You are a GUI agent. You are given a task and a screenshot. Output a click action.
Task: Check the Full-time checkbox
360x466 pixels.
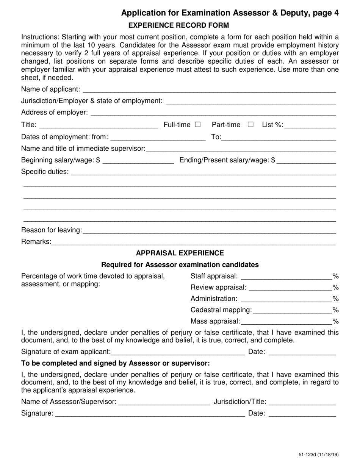tap(197, 125)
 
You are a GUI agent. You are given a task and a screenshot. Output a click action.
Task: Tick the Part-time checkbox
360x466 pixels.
tap(250, 125)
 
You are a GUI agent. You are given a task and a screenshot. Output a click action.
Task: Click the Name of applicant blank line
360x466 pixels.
tap(209, 90)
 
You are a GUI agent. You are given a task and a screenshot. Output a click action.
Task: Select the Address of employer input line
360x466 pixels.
tap(213, 113)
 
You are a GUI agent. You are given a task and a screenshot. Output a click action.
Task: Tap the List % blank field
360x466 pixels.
tap(310, 125)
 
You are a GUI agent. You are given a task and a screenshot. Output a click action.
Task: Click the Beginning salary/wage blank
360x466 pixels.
tap(138, 161)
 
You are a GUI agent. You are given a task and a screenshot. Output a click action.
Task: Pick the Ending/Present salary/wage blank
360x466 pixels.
tap(306, 161)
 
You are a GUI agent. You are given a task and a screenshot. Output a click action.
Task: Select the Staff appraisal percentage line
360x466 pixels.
tap(286, 277)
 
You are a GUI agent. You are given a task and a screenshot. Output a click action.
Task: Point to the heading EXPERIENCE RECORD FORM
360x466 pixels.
tap(179, 26)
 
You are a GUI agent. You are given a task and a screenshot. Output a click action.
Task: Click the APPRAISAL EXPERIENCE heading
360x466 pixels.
tap(180, 253)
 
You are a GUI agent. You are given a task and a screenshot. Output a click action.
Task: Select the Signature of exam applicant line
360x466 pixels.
tap(178, 352)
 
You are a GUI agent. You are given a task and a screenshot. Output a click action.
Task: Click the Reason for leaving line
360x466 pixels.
tap(209, 230)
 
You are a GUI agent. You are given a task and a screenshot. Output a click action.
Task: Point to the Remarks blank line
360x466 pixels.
tap(193, 242)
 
